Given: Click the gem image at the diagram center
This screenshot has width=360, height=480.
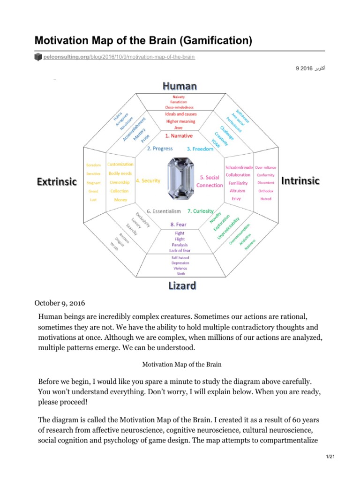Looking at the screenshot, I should (x=180, y=180).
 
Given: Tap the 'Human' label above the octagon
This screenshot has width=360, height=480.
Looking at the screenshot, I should (x=180, y=86).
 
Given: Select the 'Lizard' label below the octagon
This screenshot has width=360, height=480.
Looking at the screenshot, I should (x=181, y=285).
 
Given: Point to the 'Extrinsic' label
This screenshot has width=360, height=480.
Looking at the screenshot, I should (x=57, y=181).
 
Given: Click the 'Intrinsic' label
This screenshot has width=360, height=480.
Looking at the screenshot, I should (x=300, y=180).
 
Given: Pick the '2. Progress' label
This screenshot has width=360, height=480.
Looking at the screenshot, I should (x=160, y=149).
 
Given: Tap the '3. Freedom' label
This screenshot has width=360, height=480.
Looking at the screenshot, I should (x=200, y=149).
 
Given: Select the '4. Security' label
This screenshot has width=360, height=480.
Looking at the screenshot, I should (x=148, y=180).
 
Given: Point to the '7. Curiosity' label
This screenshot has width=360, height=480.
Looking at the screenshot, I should (x=201, y=211).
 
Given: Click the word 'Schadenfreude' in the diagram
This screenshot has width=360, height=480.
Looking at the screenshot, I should (x=239, y=167).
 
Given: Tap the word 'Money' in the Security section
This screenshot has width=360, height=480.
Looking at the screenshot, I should (x=120, y=200).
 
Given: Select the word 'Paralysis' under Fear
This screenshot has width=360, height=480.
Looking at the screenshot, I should (x=180, y=244).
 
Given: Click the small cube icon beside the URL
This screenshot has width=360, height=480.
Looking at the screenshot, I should (x=38, y=57).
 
